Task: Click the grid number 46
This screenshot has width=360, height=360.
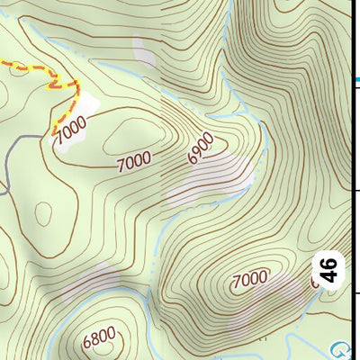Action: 330,269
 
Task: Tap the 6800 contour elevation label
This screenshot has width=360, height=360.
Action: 98,339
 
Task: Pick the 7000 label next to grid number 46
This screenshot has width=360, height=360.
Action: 250,278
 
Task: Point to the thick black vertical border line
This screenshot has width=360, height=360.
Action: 350,180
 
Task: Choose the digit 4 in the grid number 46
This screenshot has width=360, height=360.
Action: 330,276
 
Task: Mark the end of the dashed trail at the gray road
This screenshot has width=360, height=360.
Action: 45,135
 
